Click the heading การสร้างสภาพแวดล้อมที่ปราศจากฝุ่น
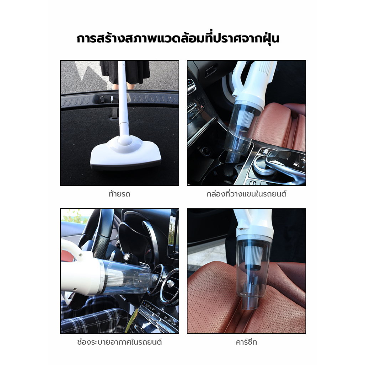tap(178, 38)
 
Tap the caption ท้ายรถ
tap(119, 194)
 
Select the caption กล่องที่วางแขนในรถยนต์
tap(247, 194)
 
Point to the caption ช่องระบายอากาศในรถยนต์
tap(119, 342)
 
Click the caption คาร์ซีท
tap(247, 342)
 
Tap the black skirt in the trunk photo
tap(125, 72)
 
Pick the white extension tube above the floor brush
tap(123, 98)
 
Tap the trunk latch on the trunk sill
tap(111, 99)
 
